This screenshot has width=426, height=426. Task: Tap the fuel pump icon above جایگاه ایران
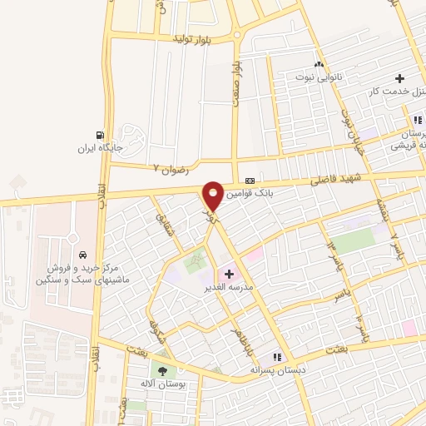[x=101, y=136]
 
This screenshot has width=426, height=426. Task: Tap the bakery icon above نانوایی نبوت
[x=317, y=63]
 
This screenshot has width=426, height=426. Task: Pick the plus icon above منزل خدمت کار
[x=400, y=77]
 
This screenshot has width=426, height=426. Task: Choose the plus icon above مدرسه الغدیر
[x=229, y=274]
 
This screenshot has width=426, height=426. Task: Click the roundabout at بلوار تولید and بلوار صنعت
[x=236, y=35]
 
